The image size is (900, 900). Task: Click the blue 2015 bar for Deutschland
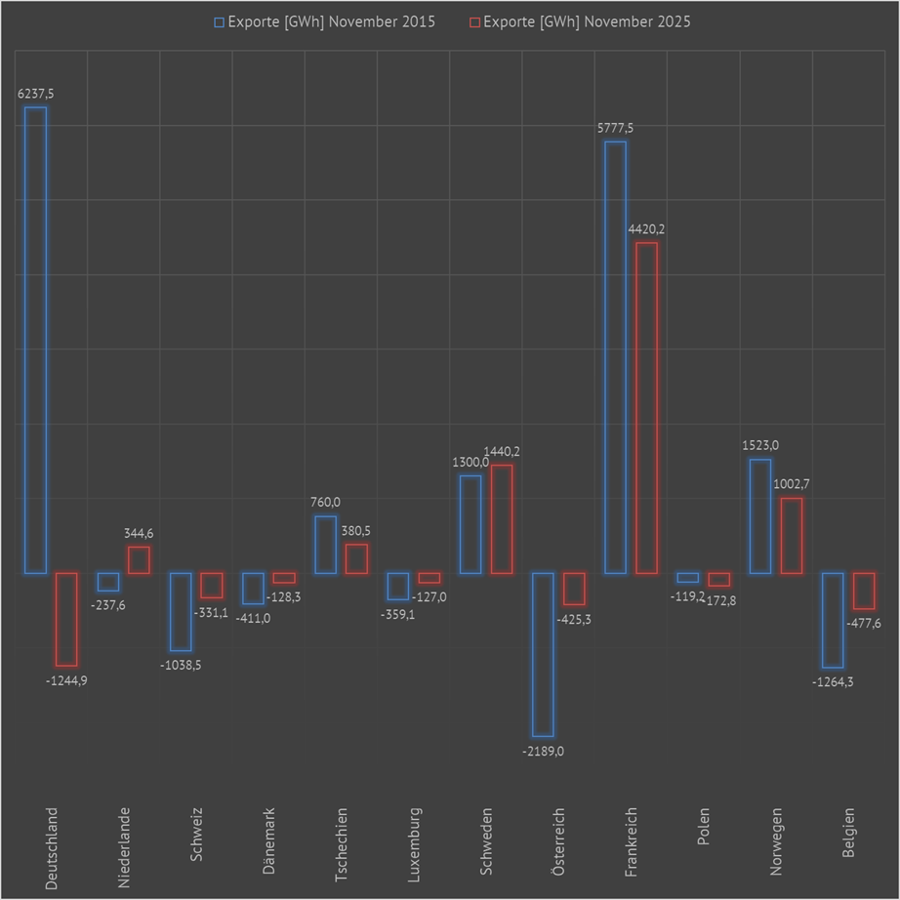[35, 340]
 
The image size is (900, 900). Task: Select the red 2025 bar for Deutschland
[66, 619]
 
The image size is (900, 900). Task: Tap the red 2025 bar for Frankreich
[646, 407]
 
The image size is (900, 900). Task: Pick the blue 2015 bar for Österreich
[543, 654]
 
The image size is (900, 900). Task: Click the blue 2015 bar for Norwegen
[760, 515]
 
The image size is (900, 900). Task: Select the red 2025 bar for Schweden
[502, 518]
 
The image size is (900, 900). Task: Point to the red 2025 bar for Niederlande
[139, 559]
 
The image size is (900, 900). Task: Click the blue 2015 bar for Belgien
[833, 620]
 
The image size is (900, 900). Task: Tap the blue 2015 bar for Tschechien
[325, 544]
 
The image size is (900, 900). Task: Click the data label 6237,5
[35, 94]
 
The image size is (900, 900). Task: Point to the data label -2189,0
[542, 751]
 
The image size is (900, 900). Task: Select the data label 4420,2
[646, 228]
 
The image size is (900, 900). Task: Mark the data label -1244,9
[66, 680]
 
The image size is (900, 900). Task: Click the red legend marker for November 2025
[475, 21]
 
